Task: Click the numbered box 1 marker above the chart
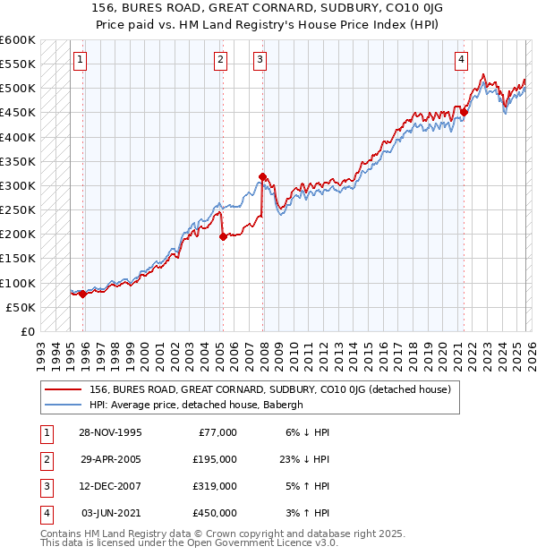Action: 80,60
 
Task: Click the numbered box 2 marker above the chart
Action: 220,60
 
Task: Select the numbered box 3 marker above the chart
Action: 260,60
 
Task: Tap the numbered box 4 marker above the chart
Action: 461,60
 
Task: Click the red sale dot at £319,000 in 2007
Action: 262,176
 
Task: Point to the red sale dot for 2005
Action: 223,236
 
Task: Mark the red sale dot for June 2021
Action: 465,113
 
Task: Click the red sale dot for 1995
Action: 83,294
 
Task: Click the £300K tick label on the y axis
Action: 17,186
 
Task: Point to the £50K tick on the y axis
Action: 21,308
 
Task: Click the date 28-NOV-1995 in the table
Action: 110,432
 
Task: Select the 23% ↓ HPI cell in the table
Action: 304,459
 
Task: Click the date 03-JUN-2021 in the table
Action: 110,513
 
